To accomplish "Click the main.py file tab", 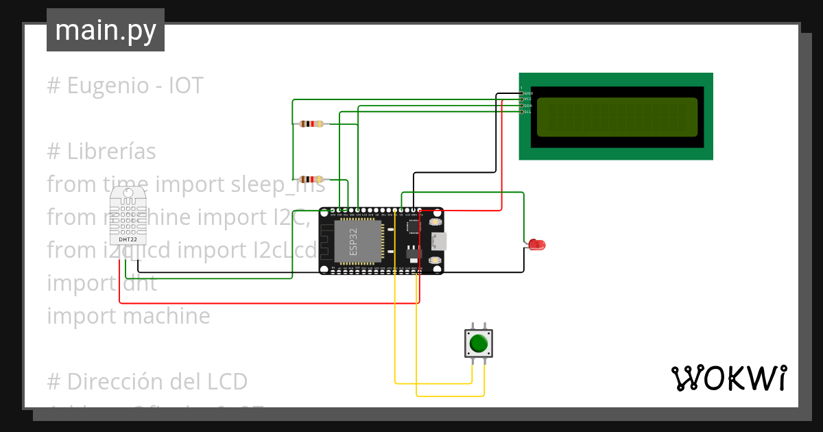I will click(105, 30).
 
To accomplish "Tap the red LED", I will click(536, 244).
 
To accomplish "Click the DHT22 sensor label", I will click(128, 239).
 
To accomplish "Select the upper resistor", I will click(311, 124).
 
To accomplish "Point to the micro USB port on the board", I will click(438, 241).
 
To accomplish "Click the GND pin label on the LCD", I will click(528, 93).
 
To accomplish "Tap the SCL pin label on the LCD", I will click(527, 112).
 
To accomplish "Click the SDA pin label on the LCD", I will click(527, 106).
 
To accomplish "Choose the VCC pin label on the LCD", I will click(527, 99).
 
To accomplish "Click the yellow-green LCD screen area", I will click(616, 117).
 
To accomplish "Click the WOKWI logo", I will click(728, 378).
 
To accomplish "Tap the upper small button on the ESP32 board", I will click(435, 222).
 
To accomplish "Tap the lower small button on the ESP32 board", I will click(435, 261).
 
